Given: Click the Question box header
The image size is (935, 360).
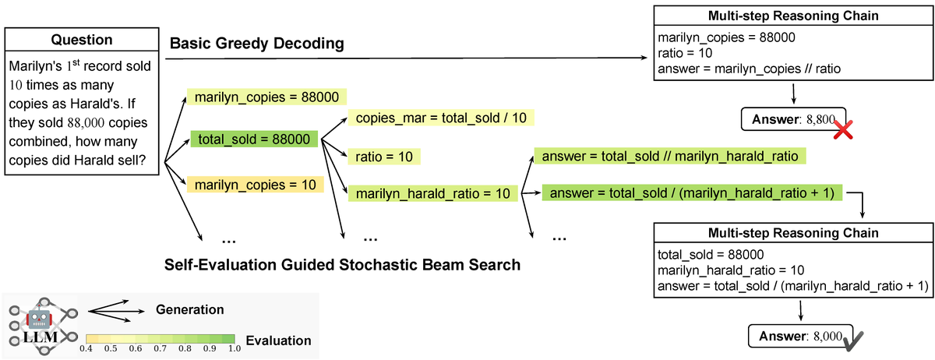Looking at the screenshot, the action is tap(81, 40).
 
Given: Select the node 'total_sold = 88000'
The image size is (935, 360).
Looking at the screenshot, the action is tap(254, 140).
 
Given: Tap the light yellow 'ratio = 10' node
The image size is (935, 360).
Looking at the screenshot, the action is tap(384, 157).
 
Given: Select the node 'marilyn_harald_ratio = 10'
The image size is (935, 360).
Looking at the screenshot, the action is tap(432, 192).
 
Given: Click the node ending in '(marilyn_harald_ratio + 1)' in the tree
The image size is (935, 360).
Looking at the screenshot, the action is tap(693, 192).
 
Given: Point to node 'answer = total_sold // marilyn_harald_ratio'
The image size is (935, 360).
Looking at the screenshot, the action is tap(669, 157).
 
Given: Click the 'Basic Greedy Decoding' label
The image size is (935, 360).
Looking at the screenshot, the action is tap(256, 43).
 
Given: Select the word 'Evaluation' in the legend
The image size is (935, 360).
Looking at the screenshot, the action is tap(278, 341).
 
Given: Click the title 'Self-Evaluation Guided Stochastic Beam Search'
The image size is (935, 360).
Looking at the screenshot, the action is tap(342, 264).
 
